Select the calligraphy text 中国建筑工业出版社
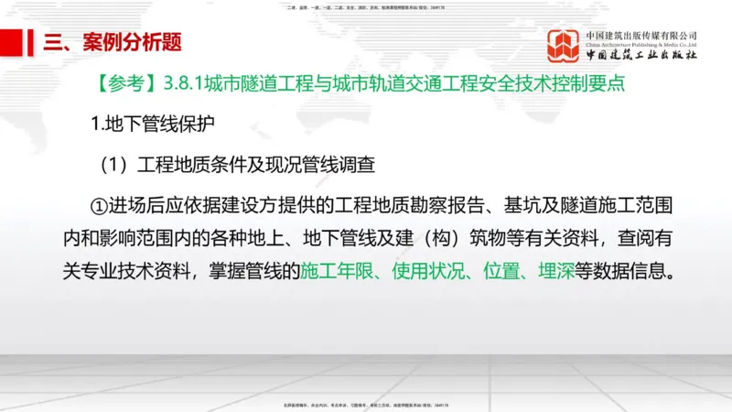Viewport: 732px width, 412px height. click(x=640, y=56)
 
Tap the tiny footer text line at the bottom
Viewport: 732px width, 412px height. click(x=366, y=404)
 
